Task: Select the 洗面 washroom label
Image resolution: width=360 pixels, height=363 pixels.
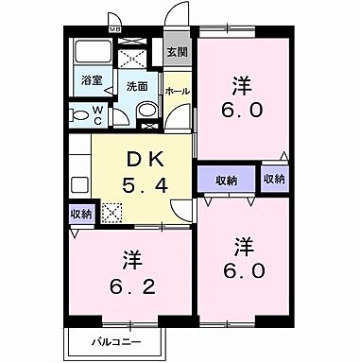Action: (138, 86)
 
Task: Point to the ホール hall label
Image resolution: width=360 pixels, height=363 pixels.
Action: (177, 91)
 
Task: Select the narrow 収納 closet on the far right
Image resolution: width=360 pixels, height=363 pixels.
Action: (274, 179)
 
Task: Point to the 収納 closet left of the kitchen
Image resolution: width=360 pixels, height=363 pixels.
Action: (81, 214)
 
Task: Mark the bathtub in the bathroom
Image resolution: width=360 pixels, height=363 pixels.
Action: (92, 53)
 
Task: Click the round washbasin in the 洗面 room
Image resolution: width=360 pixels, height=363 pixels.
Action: (147, 112)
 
